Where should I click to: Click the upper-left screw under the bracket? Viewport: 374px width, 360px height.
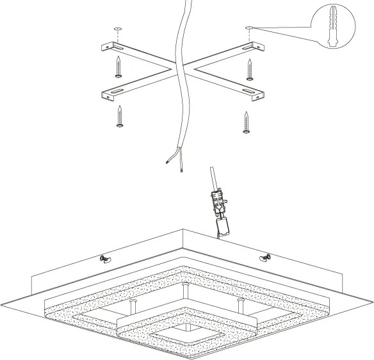pyautogui.click(x=118, y=67)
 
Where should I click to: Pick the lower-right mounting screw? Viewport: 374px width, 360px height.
pyautogui.click(x=247, y=121)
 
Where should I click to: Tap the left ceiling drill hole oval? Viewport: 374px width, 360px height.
pyautogui.click(x=117, y=29)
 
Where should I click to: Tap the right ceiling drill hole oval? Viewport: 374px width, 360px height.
pyautogui.click(x=248, y=28)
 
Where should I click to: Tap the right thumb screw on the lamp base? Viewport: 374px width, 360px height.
pyautogui.click(x=265, y=258)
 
